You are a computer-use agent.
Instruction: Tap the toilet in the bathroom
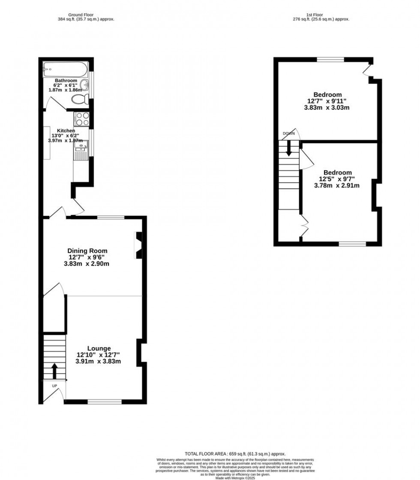tap(80, 100)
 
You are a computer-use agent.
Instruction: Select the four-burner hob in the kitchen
tap(81, 118)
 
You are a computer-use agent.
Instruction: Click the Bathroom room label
tap(66, 81)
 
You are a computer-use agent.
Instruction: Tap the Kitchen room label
tap(63, 131)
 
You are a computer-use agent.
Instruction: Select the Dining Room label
tap(87, 251)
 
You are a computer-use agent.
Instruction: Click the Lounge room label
tap(99, 348)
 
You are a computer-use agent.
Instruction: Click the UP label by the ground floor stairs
tap(54, 386)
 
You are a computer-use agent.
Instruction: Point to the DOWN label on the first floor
tap(288, 134)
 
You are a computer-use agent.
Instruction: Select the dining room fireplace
tap(138, 246)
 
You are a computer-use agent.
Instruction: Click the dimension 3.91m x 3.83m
tap(98, 361)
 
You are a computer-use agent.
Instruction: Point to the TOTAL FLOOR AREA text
tap(235, 454)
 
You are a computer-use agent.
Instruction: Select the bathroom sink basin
tap(86, 84)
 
